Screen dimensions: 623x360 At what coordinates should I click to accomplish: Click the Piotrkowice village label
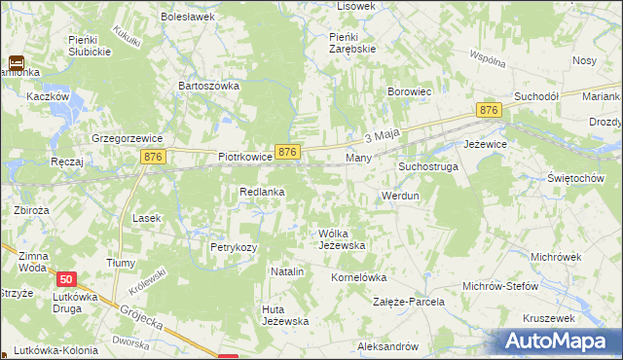(243, 156)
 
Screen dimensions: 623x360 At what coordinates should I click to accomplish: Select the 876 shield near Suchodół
(489, 112)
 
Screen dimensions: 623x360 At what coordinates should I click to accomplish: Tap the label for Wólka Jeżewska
(342, 239)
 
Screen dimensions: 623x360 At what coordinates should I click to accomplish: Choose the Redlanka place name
(262, 192)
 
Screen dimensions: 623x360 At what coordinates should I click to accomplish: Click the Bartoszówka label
(208, 86)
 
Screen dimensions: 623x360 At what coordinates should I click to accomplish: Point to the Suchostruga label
(427, 166)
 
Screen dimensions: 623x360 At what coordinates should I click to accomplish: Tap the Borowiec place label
(410, 91)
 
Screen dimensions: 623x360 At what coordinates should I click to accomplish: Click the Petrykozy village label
(234, 247)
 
